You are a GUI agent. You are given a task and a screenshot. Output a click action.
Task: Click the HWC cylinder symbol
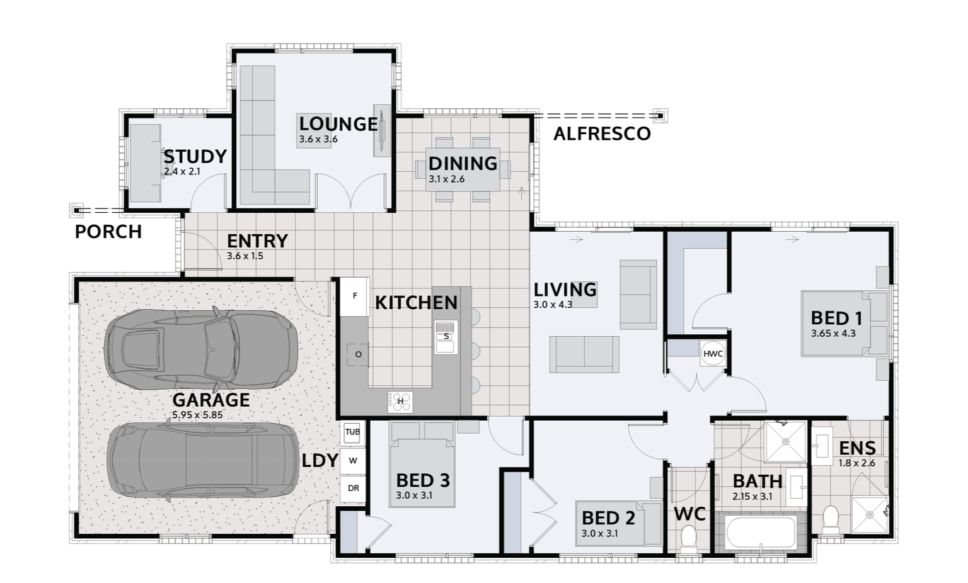713,354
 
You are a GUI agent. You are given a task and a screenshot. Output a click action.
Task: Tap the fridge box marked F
355,296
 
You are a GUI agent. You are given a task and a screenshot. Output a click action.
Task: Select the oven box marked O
358,354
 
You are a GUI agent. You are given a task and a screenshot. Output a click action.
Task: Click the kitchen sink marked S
446,337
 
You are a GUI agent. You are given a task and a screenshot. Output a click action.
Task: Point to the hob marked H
400,401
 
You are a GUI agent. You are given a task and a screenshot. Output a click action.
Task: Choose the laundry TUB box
352,432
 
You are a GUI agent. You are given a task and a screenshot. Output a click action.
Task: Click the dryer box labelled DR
353,488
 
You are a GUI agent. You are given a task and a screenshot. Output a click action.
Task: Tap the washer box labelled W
353,460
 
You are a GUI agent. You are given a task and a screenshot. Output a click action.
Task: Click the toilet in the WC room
689,539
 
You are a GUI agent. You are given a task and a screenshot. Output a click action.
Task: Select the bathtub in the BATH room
761,533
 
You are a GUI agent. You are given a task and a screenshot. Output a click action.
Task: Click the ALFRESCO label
602,134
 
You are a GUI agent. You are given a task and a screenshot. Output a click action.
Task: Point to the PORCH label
108,232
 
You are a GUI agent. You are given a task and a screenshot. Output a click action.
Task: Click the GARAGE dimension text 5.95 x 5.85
197,416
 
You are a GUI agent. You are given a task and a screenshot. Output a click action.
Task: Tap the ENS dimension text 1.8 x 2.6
856,463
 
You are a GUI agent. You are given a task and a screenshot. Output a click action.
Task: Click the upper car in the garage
200,347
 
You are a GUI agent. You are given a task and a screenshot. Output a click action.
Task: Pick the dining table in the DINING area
463,169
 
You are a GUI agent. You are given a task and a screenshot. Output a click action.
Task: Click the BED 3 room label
423,481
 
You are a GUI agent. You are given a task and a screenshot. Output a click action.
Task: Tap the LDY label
320,461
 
